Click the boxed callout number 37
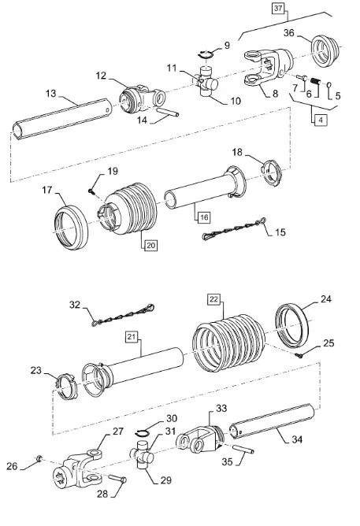coord(278,9)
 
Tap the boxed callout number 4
coord(321,120)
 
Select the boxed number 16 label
coord(204,217)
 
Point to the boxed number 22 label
coord(213,299)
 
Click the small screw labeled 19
coord(91,191)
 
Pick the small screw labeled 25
coord(299,355)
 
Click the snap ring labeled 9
coord(206,54)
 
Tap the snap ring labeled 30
coord(143,433)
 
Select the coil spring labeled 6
coord(315,82)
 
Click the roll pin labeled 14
coord(168,112)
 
